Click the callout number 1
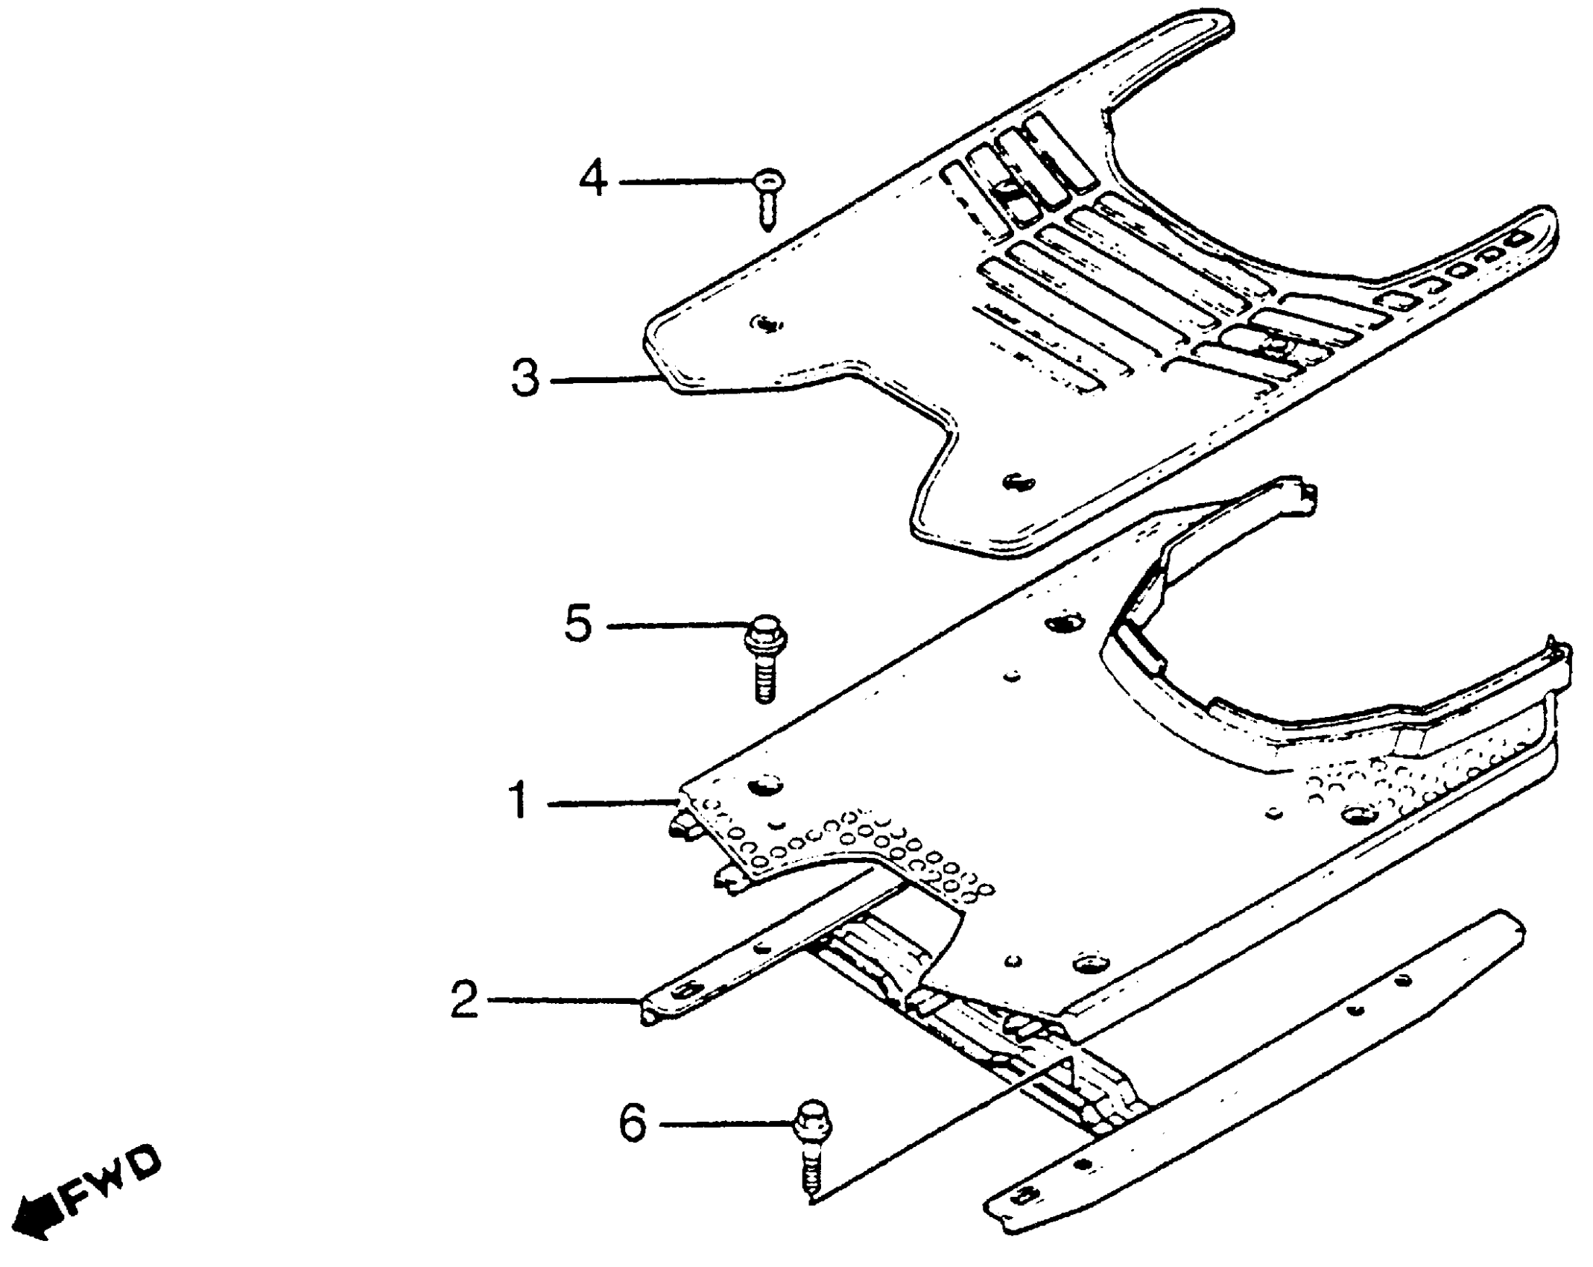pos(519,801)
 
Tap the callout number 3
pos(525,378)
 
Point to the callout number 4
pos(594,180)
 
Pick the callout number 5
pos(578,623)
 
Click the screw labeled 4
pos(767,198)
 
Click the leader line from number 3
pos(604,380)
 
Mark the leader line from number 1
pos(611,803)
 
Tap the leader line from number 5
pos(678,626)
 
